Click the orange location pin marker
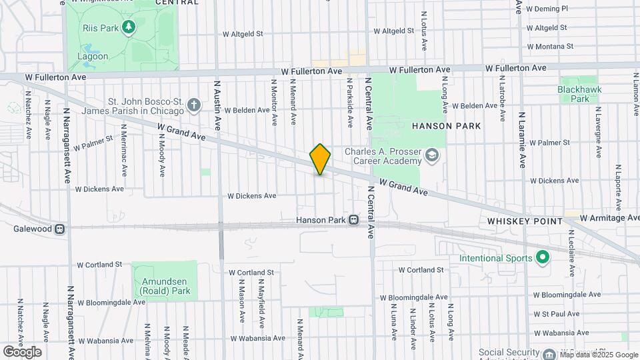click(x=320, y=159)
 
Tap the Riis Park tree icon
click(x=129, y=27)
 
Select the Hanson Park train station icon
click(x=354, y=220)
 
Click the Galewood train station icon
click(x=60, y=228)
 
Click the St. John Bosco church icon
click(x=194, y=105)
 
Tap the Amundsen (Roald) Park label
click(x=164, y=286)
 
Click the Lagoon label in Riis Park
click(x=92, y=56)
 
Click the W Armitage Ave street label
click(x=609, y=218)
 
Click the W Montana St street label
click(x=550, y=47)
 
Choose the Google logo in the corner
click(x=22, y=351)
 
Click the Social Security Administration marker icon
click(x=548, y=354)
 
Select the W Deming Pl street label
click(x=547, y=9)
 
